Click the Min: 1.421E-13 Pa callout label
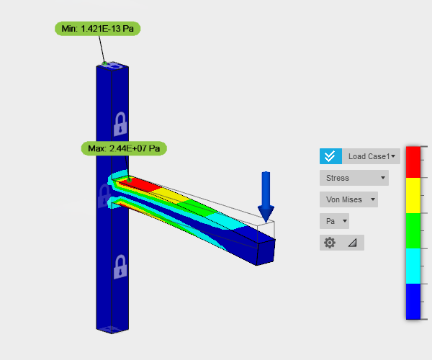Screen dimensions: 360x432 pyautogui.click(x=98, y=29)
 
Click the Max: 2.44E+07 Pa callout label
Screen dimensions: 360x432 pyautogui.click(x=124, y=149)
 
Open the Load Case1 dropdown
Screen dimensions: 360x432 pyautogui.click(x=372, y=156)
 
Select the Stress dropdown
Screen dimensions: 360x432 pyautogui.click(x=354, y=178)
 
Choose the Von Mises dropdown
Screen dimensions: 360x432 pyautogui.click(x=348, y=199)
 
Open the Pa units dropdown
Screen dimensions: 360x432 pyautogui.click(x=335, y=221)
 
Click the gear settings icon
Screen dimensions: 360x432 pyautogui.click(x=330, y=243)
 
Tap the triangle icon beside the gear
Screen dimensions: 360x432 pyautogui.click(x=352, y=243)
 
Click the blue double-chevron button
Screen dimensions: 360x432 pyautogui.click(x=330, y=156)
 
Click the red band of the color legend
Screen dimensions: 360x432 pyautogui.click(x=413, y=161)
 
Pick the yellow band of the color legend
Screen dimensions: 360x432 pyautogui.click(x=413, y=194)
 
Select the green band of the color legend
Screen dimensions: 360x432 pyautogui.click(x=413, y=230)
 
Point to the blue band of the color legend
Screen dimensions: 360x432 pyautogui.click(x=413, y=300)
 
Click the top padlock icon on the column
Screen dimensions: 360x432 pyautogui.click(x=120, y=124)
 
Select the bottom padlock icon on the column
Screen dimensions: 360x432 pyautogui.click(x=120, y=267)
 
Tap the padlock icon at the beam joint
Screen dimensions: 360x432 pyautogui.click(x=104, y=194)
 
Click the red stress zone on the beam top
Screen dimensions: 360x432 pyautogui.click(x=142, y=186)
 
